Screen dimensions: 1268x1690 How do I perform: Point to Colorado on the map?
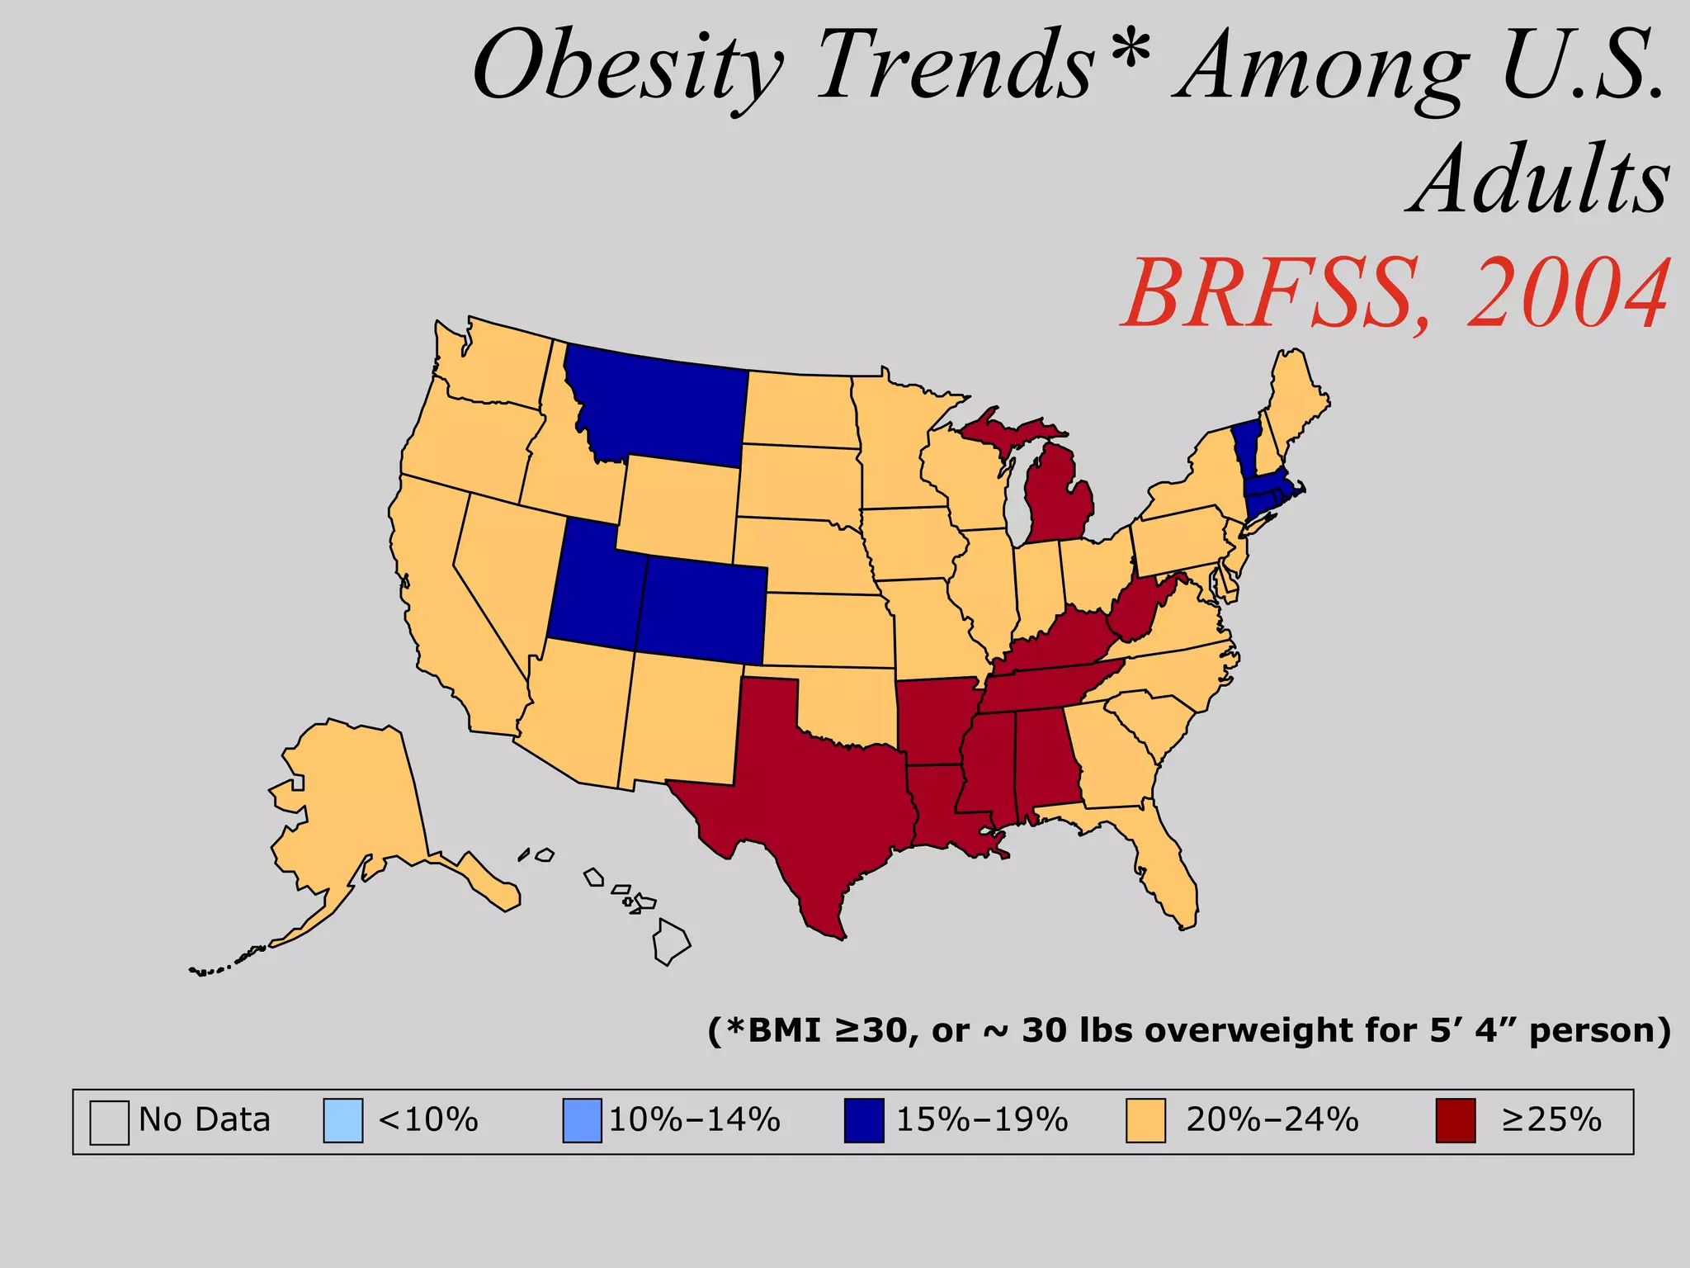coord(701,611)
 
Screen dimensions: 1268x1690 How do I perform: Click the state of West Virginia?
coord(1135,611)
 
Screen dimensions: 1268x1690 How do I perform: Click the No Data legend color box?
coord(109,1121)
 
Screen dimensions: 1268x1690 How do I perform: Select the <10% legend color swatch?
coord(342,1120)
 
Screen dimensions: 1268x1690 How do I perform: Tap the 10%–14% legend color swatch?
coord(582,1120)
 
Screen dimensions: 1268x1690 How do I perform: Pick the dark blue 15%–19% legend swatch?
coord(863,1120)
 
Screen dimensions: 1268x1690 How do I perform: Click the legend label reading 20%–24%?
coord(1272,1120)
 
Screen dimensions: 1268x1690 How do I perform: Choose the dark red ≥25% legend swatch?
coord(1455,1120)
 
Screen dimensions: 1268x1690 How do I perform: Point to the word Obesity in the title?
coord(627,66)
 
